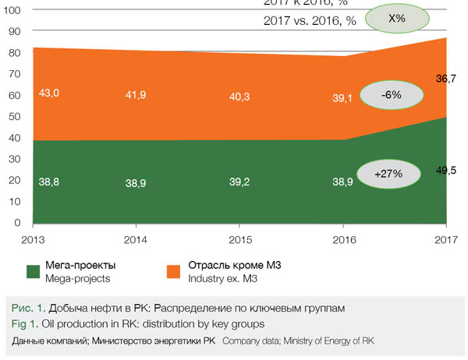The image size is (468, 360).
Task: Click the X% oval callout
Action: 397,18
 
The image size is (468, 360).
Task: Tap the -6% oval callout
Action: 391,95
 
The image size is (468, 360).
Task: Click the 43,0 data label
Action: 49,93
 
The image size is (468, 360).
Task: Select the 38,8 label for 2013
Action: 49,181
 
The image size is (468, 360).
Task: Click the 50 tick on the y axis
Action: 16,117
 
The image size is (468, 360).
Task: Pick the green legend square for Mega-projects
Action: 34,272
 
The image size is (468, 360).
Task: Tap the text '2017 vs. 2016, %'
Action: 310,21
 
